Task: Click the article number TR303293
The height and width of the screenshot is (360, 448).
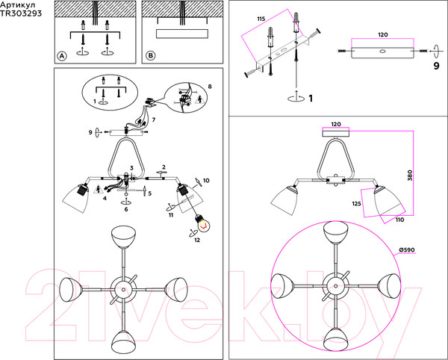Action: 21,13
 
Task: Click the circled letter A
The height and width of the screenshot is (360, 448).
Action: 62,56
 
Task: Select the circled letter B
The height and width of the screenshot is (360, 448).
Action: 150,56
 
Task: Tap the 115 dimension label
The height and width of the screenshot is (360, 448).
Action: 261,19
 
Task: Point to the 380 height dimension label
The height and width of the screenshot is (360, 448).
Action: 410,176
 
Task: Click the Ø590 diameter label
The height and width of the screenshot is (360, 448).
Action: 407,250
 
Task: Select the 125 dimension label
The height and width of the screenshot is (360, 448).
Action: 357,204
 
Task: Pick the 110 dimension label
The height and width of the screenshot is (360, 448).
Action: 399,220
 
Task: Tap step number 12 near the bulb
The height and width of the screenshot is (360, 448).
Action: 197,240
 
